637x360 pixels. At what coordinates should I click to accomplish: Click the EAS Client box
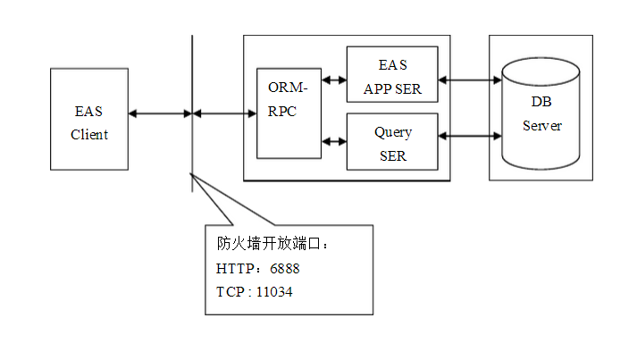[x=89, y=120]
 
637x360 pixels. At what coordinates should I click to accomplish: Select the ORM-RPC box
[x=289, y=113]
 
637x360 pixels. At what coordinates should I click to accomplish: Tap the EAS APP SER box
[x=392, y=77]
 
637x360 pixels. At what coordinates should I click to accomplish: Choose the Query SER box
[x=392, y=142]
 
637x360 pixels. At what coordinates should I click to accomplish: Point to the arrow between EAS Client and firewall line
[x=160, y=113]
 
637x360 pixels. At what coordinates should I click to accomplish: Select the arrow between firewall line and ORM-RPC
[x=224, y=113]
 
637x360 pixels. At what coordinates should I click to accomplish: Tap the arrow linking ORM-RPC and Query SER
[x=334, y=140]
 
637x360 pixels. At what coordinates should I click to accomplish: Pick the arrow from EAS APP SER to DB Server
[x=470, y=80]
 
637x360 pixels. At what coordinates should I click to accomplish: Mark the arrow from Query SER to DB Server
[x=470, y=137]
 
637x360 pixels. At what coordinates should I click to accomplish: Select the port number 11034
[x=274, y=291]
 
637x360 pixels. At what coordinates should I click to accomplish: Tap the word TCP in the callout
[x=230, y=291]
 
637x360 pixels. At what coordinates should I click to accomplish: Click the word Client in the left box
[x=89, y=135]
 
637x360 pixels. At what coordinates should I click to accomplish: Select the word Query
[x=392, y=132]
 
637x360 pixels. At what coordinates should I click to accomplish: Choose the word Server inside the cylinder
[x=541, y=126]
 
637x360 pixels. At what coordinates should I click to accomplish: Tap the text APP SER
[x=392, y=89]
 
